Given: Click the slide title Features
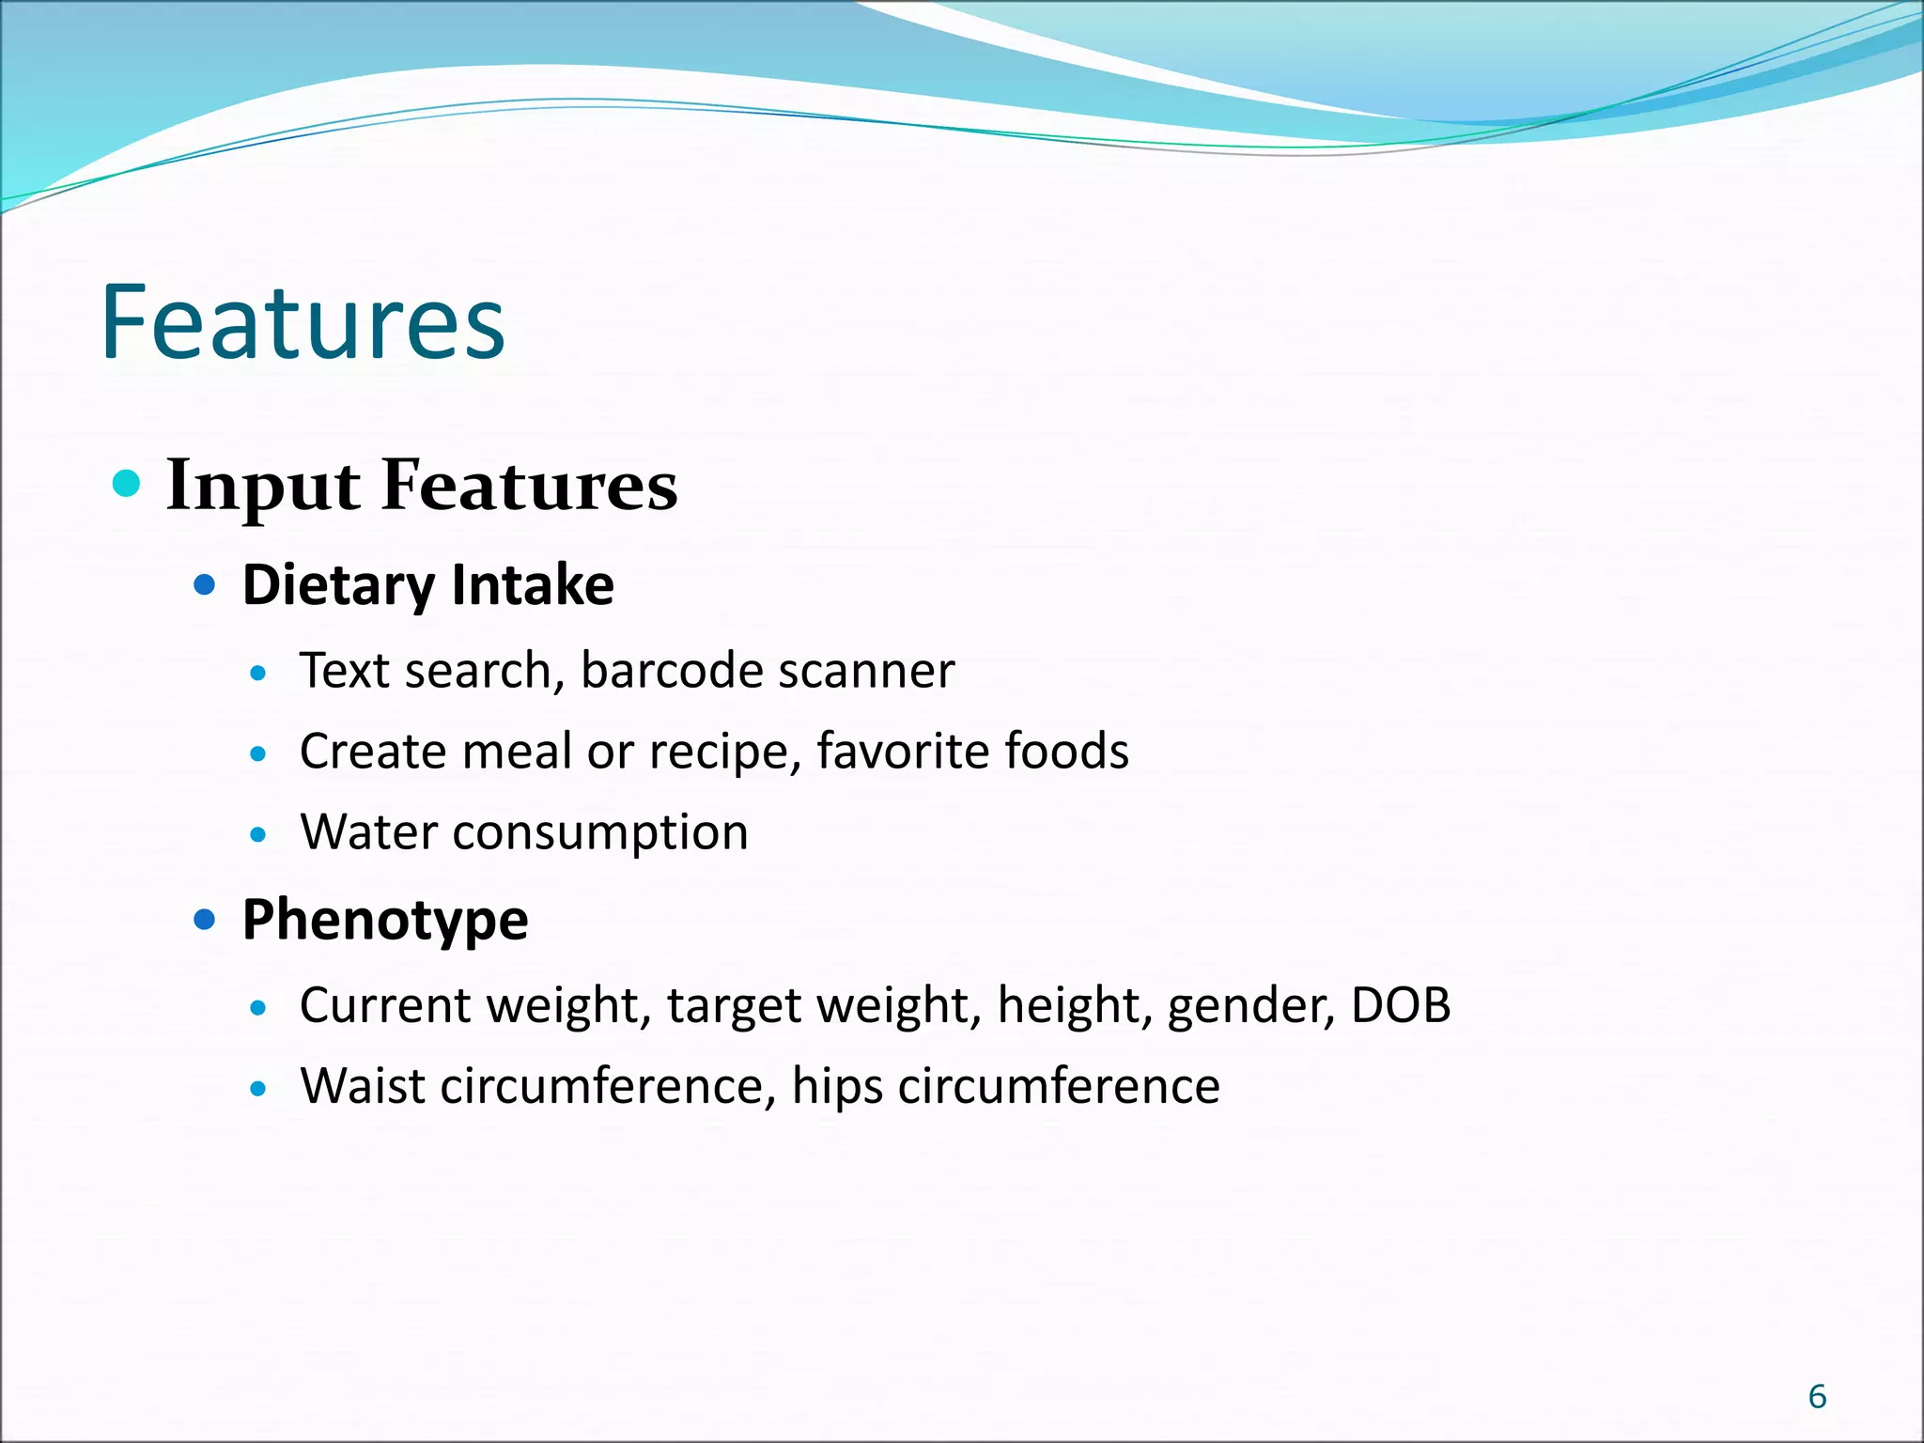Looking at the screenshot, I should [x=303, y=323].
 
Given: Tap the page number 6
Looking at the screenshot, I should [x=1817, y=1397].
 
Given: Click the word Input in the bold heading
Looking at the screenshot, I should [x=262, y=487].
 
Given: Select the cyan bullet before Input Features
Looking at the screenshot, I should [x=126, y=484].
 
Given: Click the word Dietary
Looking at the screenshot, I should [x=338, y=585].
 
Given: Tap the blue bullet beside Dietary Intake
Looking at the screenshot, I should [x=204, y=586].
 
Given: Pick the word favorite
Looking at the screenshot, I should [x=902, y=751].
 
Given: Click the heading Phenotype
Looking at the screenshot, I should [x=385, y=920].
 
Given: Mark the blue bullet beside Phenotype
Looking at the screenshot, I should [x=204, y=919].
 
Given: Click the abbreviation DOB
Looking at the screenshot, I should [x=1400, y=1005].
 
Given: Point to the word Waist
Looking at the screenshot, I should [x=362, y=1086].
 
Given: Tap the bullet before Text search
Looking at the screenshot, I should [x=259, y=673].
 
